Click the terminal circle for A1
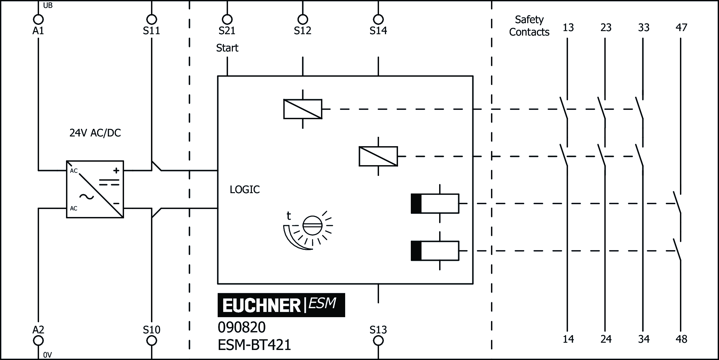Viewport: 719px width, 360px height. (x=38, y=19)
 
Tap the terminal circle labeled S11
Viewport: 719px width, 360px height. (x=151, y=19)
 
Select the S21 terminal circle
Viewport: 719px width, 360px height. (x=227, y=19)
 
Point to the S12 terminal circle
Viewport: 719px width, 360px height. (x=303, y=19)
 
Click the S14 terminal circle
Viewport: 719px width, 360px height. (x=378, y=19)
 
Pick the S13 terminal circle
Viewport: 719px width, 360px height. (x=378, y=341)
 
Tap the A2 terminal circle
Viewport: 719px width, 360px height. (x=38, y=341)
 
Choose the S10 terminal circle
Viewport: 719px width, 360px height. (x=151, y=341)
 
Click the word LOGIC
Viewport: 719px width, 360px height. (x=245, y=189)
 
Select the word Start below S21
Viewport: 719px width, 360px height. (x=227, y=48)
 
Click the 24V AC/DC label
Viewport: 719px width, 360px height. (x=95, y=133)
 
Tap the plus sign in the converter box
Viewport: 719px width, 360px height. (x=116, y=170)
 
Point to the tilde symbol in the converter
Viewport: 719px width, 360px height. (x=86, y=197)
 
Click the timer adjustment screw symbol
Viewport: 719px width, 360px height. (x=312, y=226)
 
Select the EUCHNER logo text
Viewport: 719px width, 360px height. (x=262, y=305)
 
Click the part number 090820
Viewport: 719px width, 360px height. (x=242, y=328)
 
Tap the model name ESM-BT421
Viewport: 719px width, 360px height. (x=254, y=345)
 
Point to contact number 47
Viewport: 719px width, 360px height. (x=681, y=28)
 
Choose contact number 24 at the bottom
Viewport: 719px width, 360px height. (x=606, y=339)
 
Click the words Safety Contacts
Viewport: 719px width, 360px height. (x=529, y=26)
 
